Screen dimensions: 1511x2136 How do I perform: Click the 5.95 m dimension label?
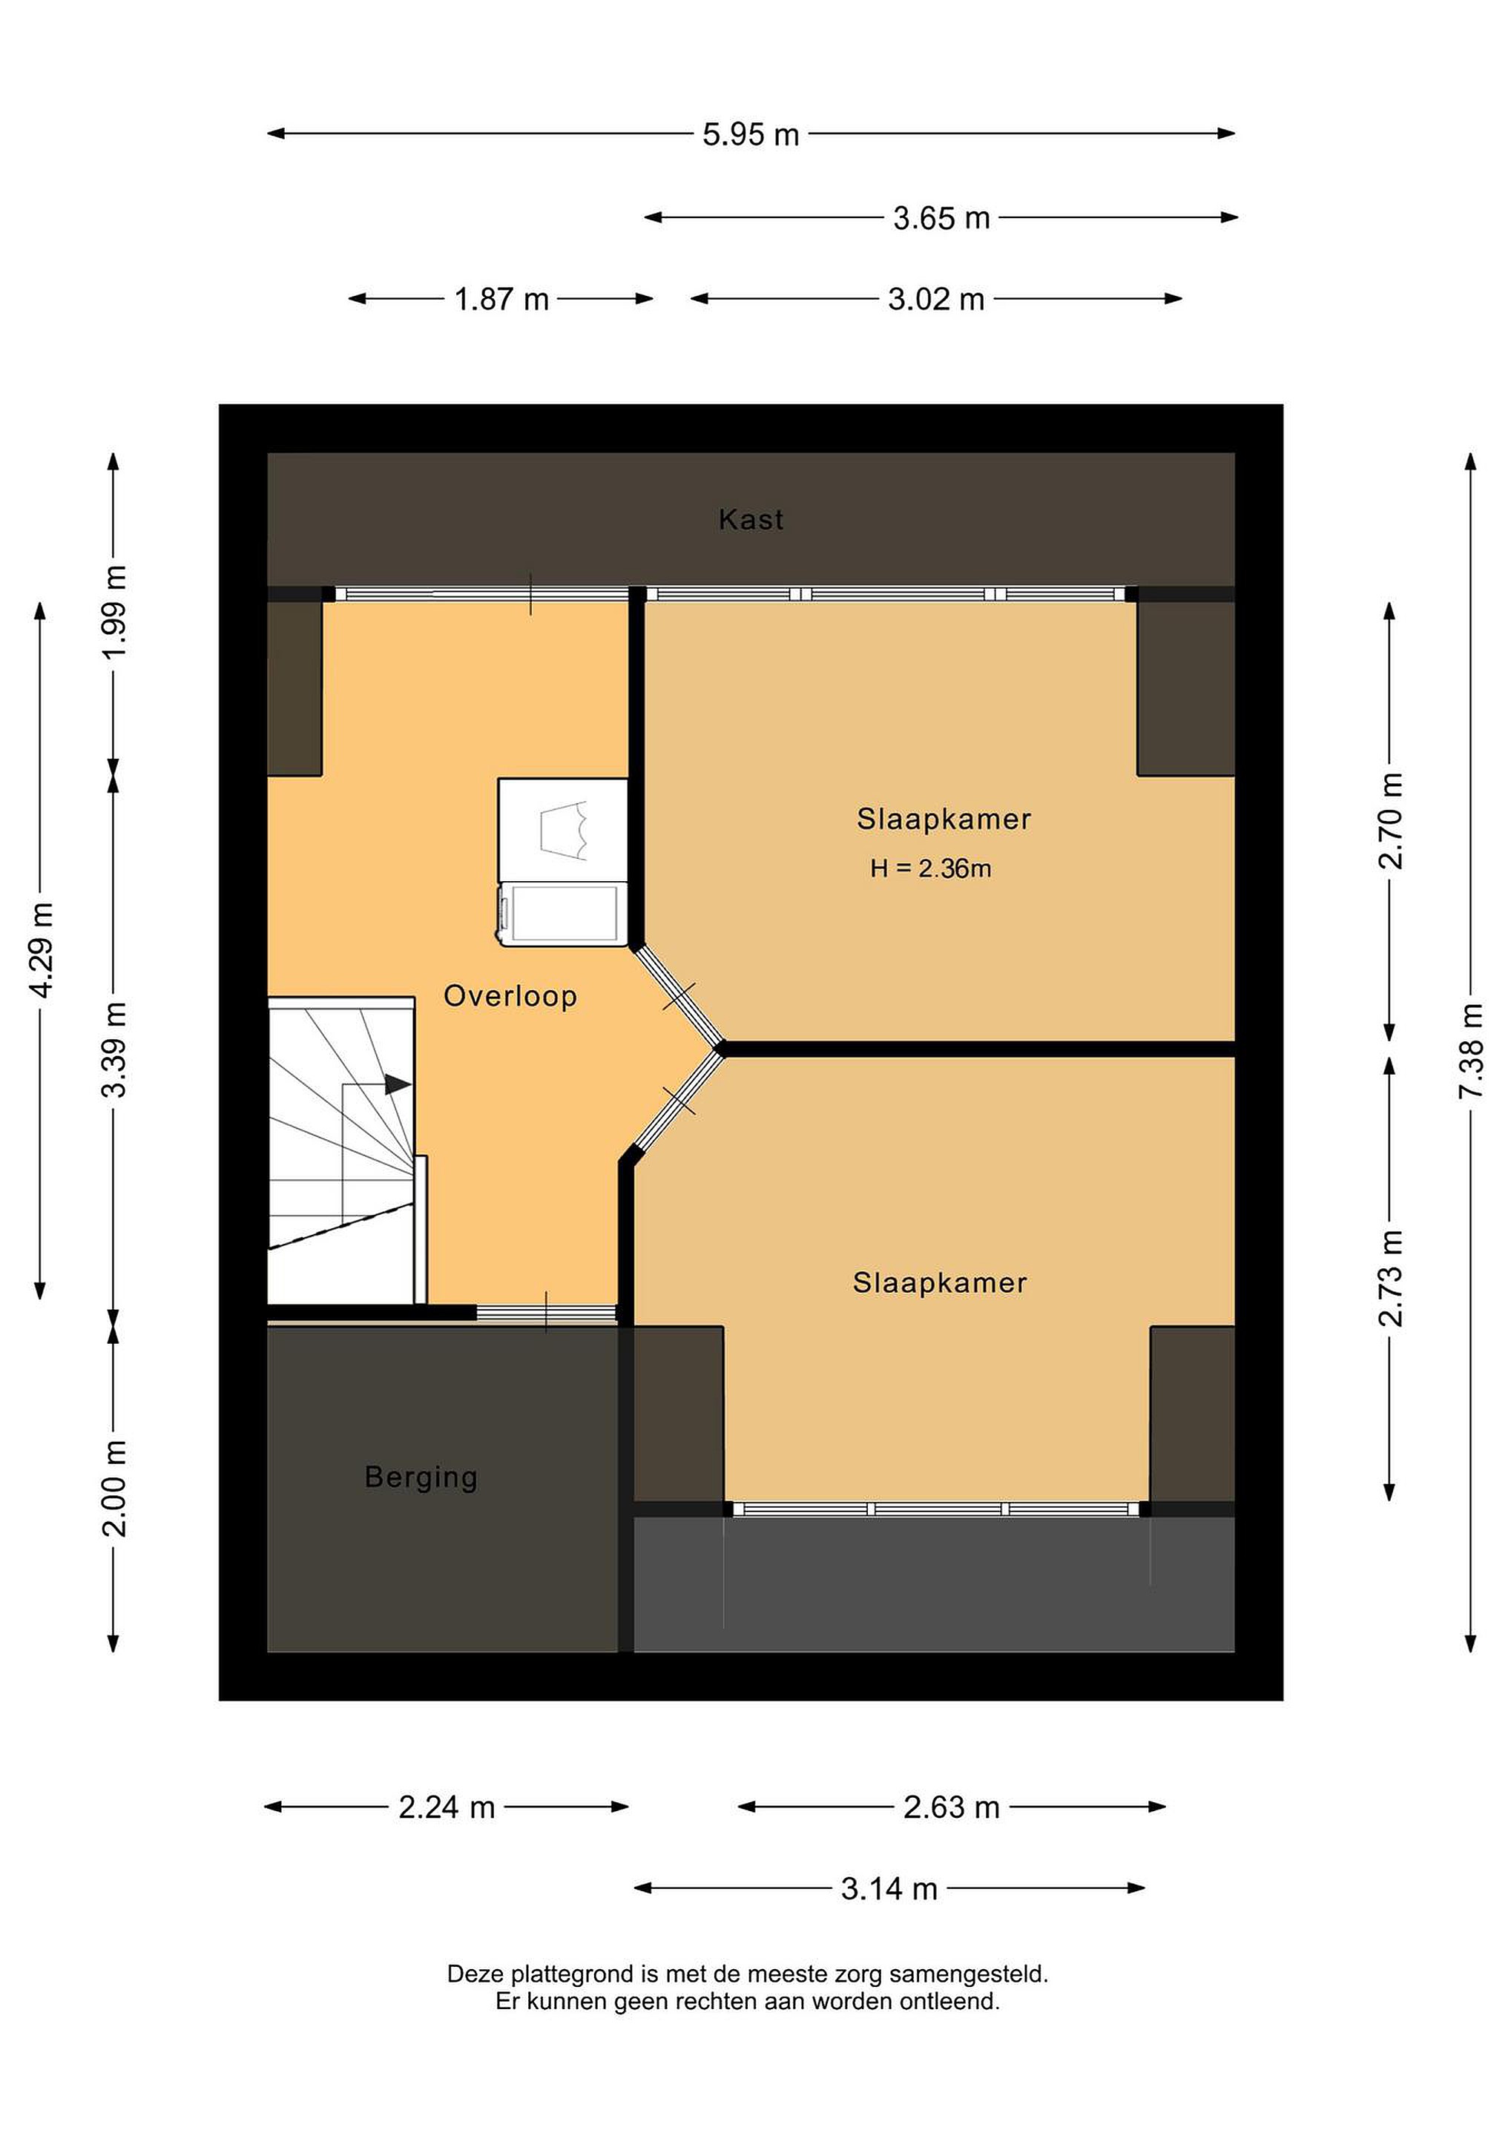pyautogui.click(x=750, y=135)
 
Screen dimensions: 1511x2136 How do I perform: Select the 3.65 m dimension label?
pyautogui.click(x=941, y=219)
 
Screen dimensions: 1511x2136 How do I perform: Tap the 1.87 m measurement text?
pyautogui.click(x=501, y=300)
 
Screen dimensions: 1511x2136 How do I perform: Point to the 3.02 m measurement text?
pyautogui.click(x=935, y=300)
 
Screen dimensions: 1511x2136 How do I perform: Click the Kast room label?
pyautogui.click(x=751, y=519)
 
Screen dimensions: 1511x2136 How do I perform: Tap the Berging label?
pyautogui.click(x=421, y=1477)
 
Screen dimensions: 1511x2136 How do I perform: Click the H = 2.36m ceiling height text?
pyautogui.click(x=930, y=869)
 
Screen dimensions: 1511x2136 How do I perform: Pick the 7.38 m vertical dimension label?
pyautogui.click(x=1471, y=1050)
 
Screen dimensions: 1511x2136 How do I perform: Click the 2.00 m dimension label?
pyautogui.click(x=113, y=1489)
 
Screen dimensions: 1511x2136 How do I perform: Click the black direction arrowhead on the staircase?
pyautogui.click(x=398, y=1084)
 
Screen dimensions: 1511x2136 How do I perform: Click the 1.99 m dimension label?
pyautogui.click(x=113, y=612)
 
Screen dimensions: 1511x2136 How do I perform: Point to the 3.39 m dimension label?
pyautogui.click(x=113, y=1050)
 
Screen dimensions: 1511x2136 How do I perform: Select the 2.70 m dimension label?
pyautogui.click(x=1390, y=820)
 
